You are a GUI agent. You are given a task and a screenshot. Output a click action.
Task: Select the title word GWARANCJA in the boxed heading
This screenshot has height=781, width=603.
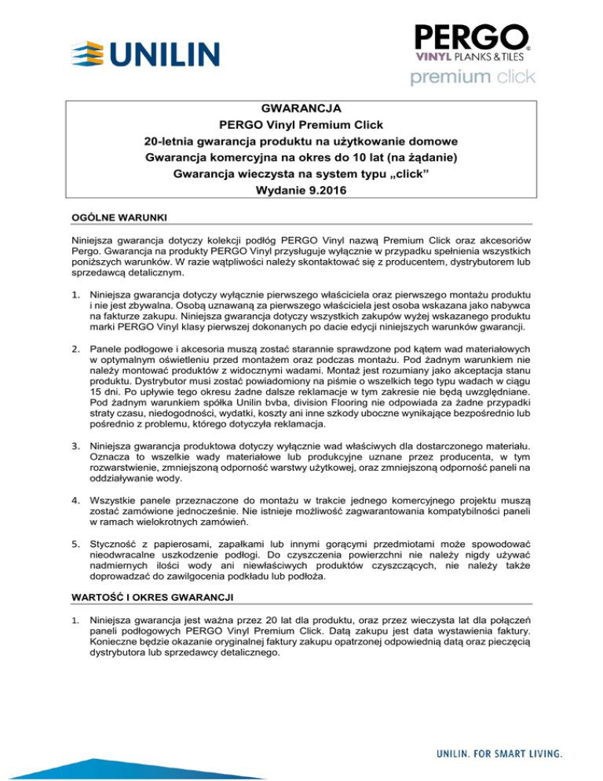[x=301, y=108]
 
